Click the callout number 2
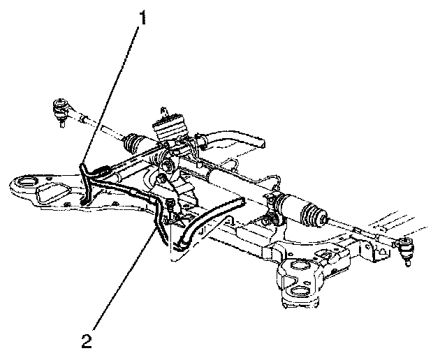(87, 342)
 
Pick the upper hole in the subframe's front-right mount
(298, 267)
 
